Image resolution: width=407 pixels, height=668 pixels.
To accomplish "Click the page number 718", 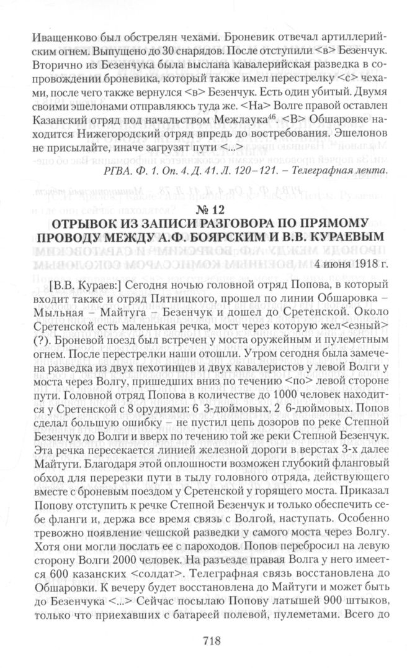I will point(203,641).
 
